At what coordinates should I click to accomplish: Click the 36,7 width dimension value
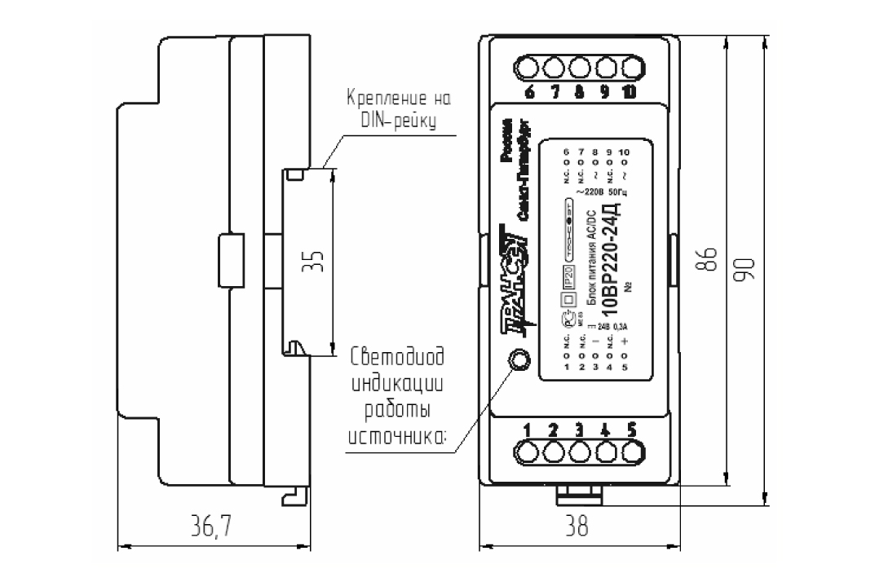210,527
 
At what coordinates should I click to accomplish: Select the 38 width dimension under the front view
577,527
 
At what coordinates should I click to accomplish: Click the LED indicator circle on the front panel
517,359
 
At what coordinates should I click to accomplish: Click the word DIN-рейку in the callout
398,122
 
